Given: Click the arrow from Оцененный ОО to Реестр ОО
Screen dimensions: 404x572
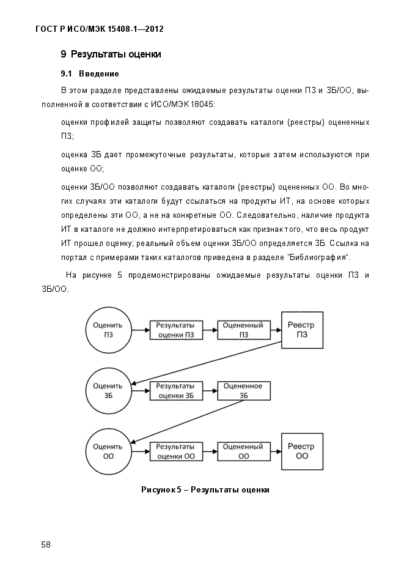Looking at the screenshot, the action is coord(276,451).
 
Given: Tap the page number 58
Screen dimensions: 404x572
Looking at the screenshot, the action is coord(46,544).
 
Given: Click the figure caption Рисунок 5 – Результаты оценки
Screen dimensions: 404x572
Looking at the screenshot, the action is coord(205,489).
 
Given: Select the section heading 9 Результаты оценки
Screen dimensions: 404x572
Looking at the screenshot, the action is coord(111,54).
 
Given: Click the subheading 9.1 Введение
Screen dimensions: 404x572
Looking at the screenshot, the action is coord(90,73).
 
